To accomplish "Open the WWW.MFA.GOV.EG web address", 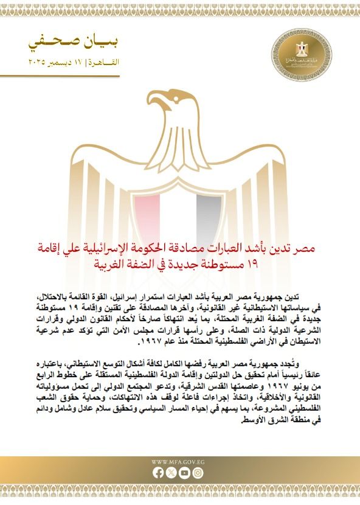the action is click(179, 462).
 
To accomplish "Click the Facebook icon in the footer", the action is click(159, 472).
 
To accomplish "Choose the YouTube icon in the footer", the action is click(186, 472).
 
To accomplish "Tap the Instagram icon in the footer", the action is click(199, 472).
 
